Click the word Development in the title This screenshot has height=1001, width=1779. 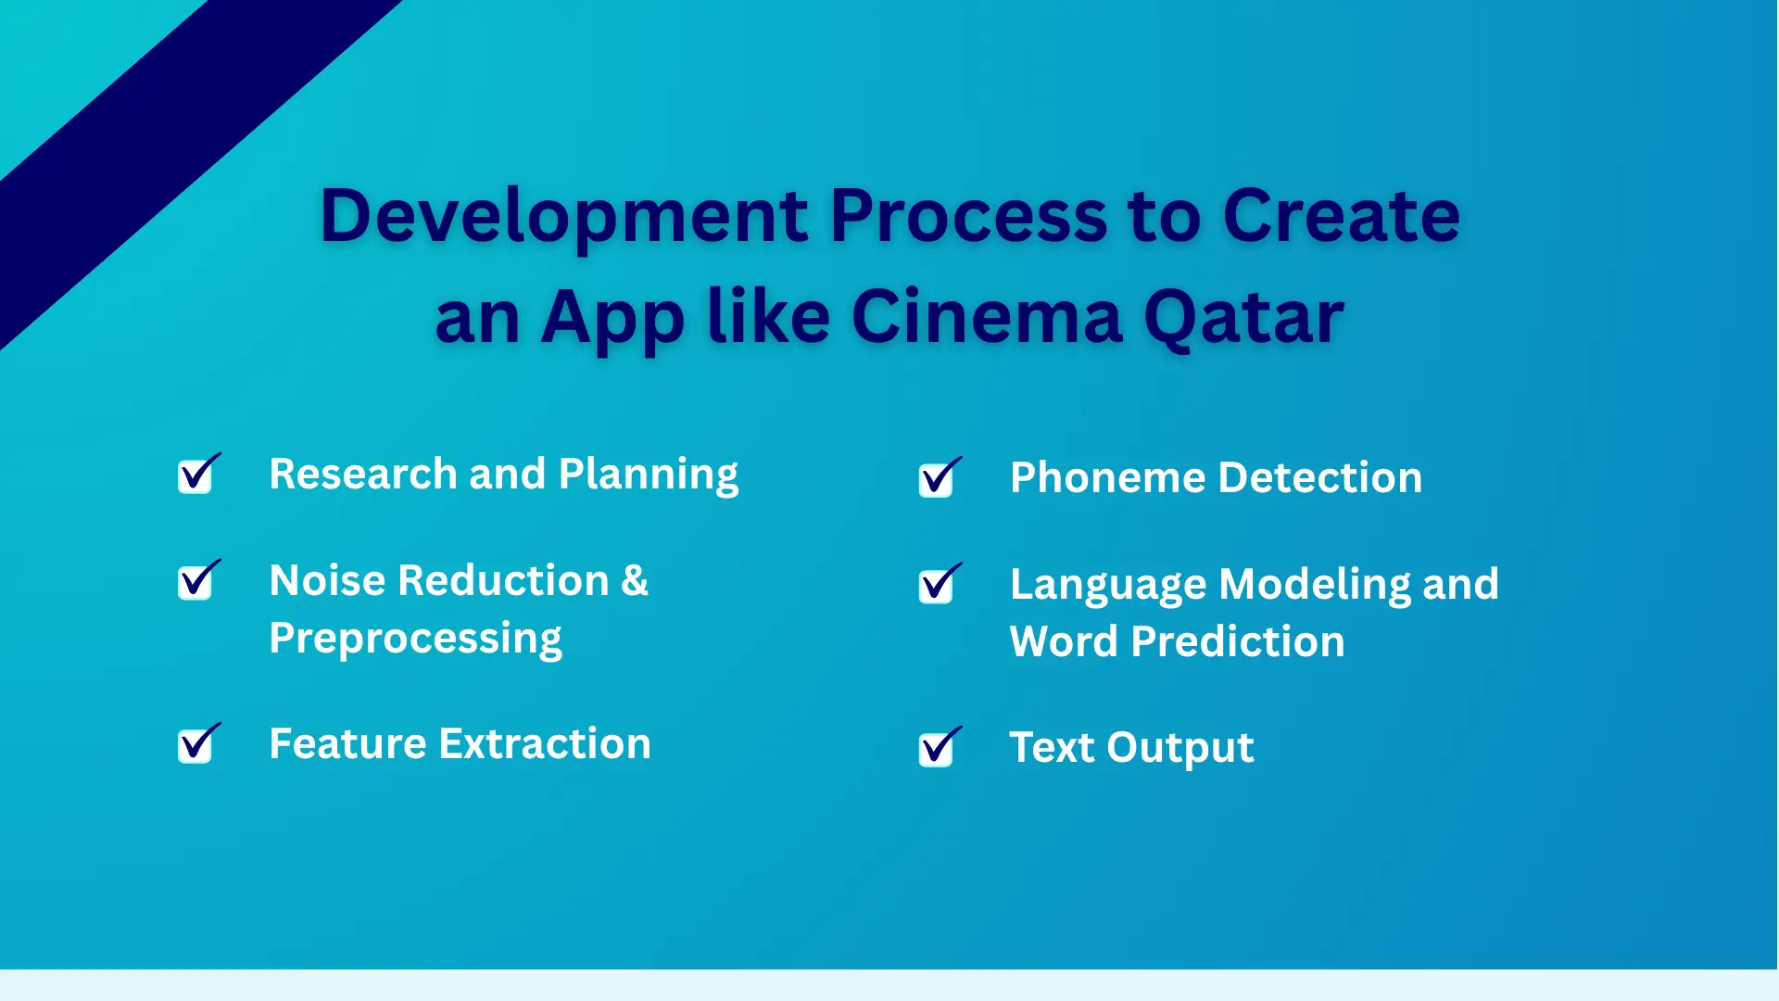(x=564, y=217)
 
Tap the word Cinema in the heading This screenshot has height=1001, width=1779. (x=987, y=317)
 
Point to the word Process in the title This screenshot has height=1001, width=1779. (x=968, y=217)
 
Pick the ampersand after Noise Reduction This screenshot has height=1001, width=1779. (x=635, y=580)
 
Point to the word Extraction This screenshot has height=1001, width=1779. (x=545, y=743)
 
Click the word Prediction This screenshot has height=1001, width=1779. (x=1238, y=641)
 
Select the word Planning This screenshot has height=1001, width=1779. (x=649, y=475)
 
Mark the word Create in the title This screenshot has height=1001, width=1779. (x=1342, y=217)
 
